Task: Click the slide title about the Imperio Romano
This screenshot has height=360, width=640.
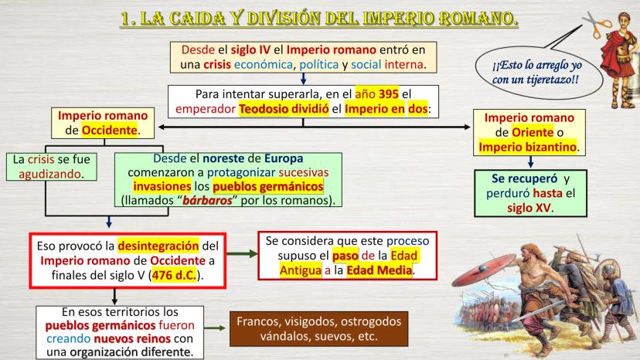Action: click(x=319, y=19)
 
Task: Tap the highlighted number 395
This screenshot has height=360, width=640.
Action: click(x=388, y=94)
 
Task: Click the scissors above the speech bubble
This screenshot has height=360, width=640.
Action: click(x=597, y=25)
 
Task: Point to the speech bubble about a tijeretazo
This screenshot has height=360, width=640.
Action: click(x=539, y=72)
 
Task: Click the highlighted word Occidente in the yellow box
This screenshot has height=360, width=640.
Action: click(x=110, y=131)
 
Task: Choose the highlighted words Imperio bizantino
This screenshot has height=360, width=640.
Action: click(x=528, y=147)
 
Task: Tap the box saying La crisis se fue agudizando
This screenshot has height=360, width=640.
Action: click(x=52, y=167)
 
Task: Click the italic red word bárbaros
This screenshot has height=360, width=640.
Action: click(x=207, y=200)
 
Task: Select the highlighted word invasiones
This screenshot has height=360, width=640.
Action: click(x=162, y=186)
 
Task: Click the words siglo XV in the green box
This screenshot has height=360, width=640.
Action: click(x=529, y=208)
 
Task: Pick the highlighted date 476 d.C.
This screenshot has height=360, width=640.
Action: click(x=174, y=276)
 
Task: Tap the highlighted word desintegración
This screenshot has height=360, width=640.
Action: click(x=158, y=246)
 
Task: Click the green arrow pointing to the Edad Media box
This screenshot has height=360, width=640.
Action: click(x=242, y=254)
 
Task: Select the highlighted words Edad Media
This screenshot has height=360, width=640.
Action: click(x=380, y=270)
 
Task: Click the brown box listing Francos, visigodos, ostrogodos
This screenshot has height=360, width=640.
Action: click(x=318, y=329)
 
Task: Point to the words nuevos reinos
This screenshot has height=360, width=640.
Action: click(x=132, y=339)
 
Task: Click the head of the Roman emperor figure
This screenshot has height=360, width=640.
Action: click(x=624, y=20)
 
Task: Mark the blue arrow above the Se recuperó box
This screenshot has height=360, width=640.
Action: click(x=530, y=161)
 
